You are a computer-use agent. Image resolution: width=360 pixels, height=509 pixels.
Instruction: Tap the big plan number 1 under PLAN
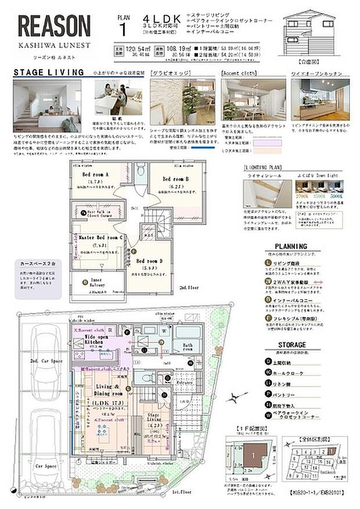123,27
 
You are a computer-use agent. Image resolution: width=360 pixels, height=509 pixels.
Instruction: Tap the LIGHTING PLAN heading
261,166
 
